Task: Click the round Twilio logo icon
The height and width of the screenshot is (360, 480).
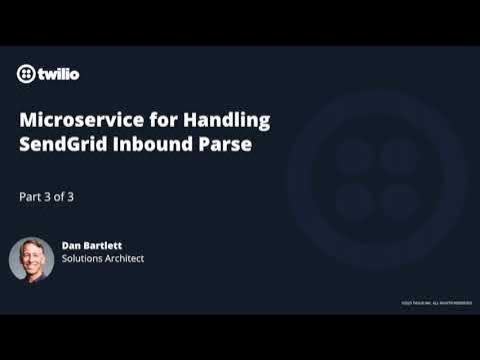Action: tap(27, 73)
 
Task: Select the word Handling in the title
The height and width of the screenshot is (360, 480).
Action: tap(227, 120)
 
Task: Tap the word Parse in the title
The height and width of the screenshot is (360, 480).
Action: tap(221, 144)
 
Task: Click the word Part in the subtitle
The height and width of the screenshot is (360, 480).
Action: tap(31, 197)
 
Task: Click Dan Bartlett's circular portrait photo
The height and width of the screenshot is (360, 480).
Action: tap(31, 259)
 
